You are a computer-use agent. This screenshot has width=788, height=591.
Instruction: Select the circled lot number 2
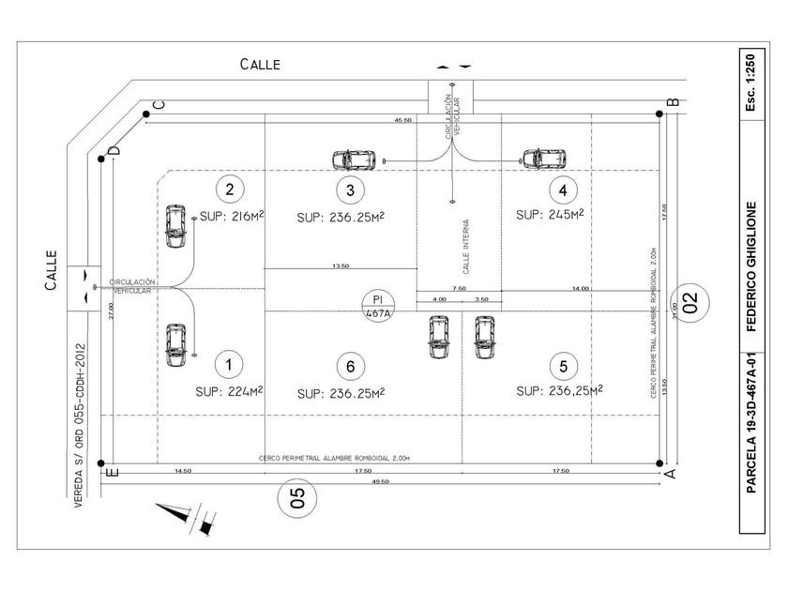click(227, 189)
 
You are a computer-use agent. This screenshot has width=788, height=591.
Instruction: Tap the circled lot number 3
click(350, 190)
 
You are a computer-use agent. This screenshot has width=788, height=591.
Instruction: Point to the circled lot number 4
click(562, 190)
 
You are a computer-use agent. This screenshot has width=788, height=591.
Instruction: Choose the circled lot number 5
click(562, 365)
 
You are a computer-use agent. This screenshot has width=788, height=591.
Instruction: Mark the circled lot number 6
click(350, 365)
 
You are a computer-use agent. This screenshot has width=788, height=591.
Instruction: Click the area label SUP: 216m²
click(228, 217)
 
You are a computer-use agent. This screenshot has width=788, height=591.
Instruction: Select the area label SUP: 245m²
click(550, 215)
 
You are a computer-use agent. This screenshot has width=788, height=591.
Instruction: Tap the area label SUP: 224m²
click(228, 391)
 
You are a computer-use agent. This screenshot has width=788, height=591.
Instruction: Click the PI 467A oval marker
click(378, 307)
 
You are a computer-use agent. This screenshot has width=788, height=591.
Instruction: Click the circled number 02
click(691, 303)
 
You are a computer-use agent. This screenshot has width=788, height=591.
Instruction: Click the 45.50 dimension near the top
click(403, 121)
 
